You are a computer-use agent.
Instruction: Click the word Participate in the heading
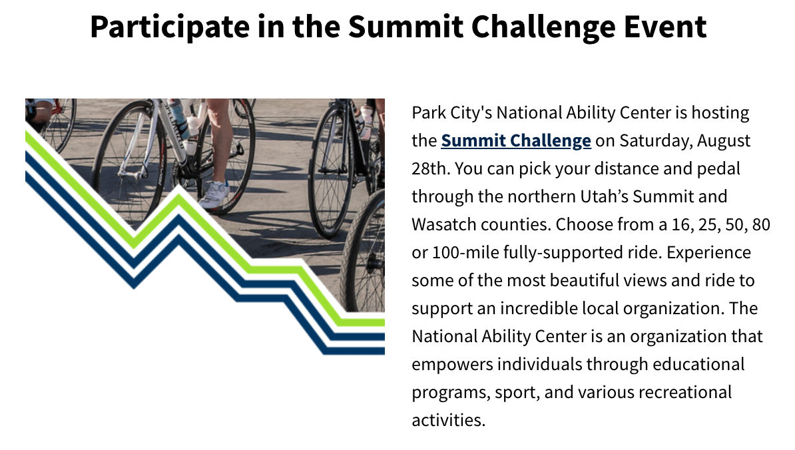pyautogui.click(x=170, y=27)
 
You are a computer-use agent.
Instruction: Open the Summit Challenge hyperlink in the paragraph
pyautogui.click(x=515, y=141)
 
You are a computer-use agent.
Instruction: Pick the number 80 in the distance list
pyautogui.click(x=762, y=224)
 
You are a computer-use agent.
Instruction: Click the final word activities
pyautogui.click(x=448, y=420)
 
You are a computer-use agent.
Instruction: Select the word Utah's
pyautogui.click(x=604, y=196)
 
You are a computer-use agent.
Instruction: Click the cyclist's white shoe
pyautogui.click(x=214, y=194)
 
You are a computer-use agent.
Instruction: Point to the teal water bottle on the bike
pyautogui.click(x=178, y=118)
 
